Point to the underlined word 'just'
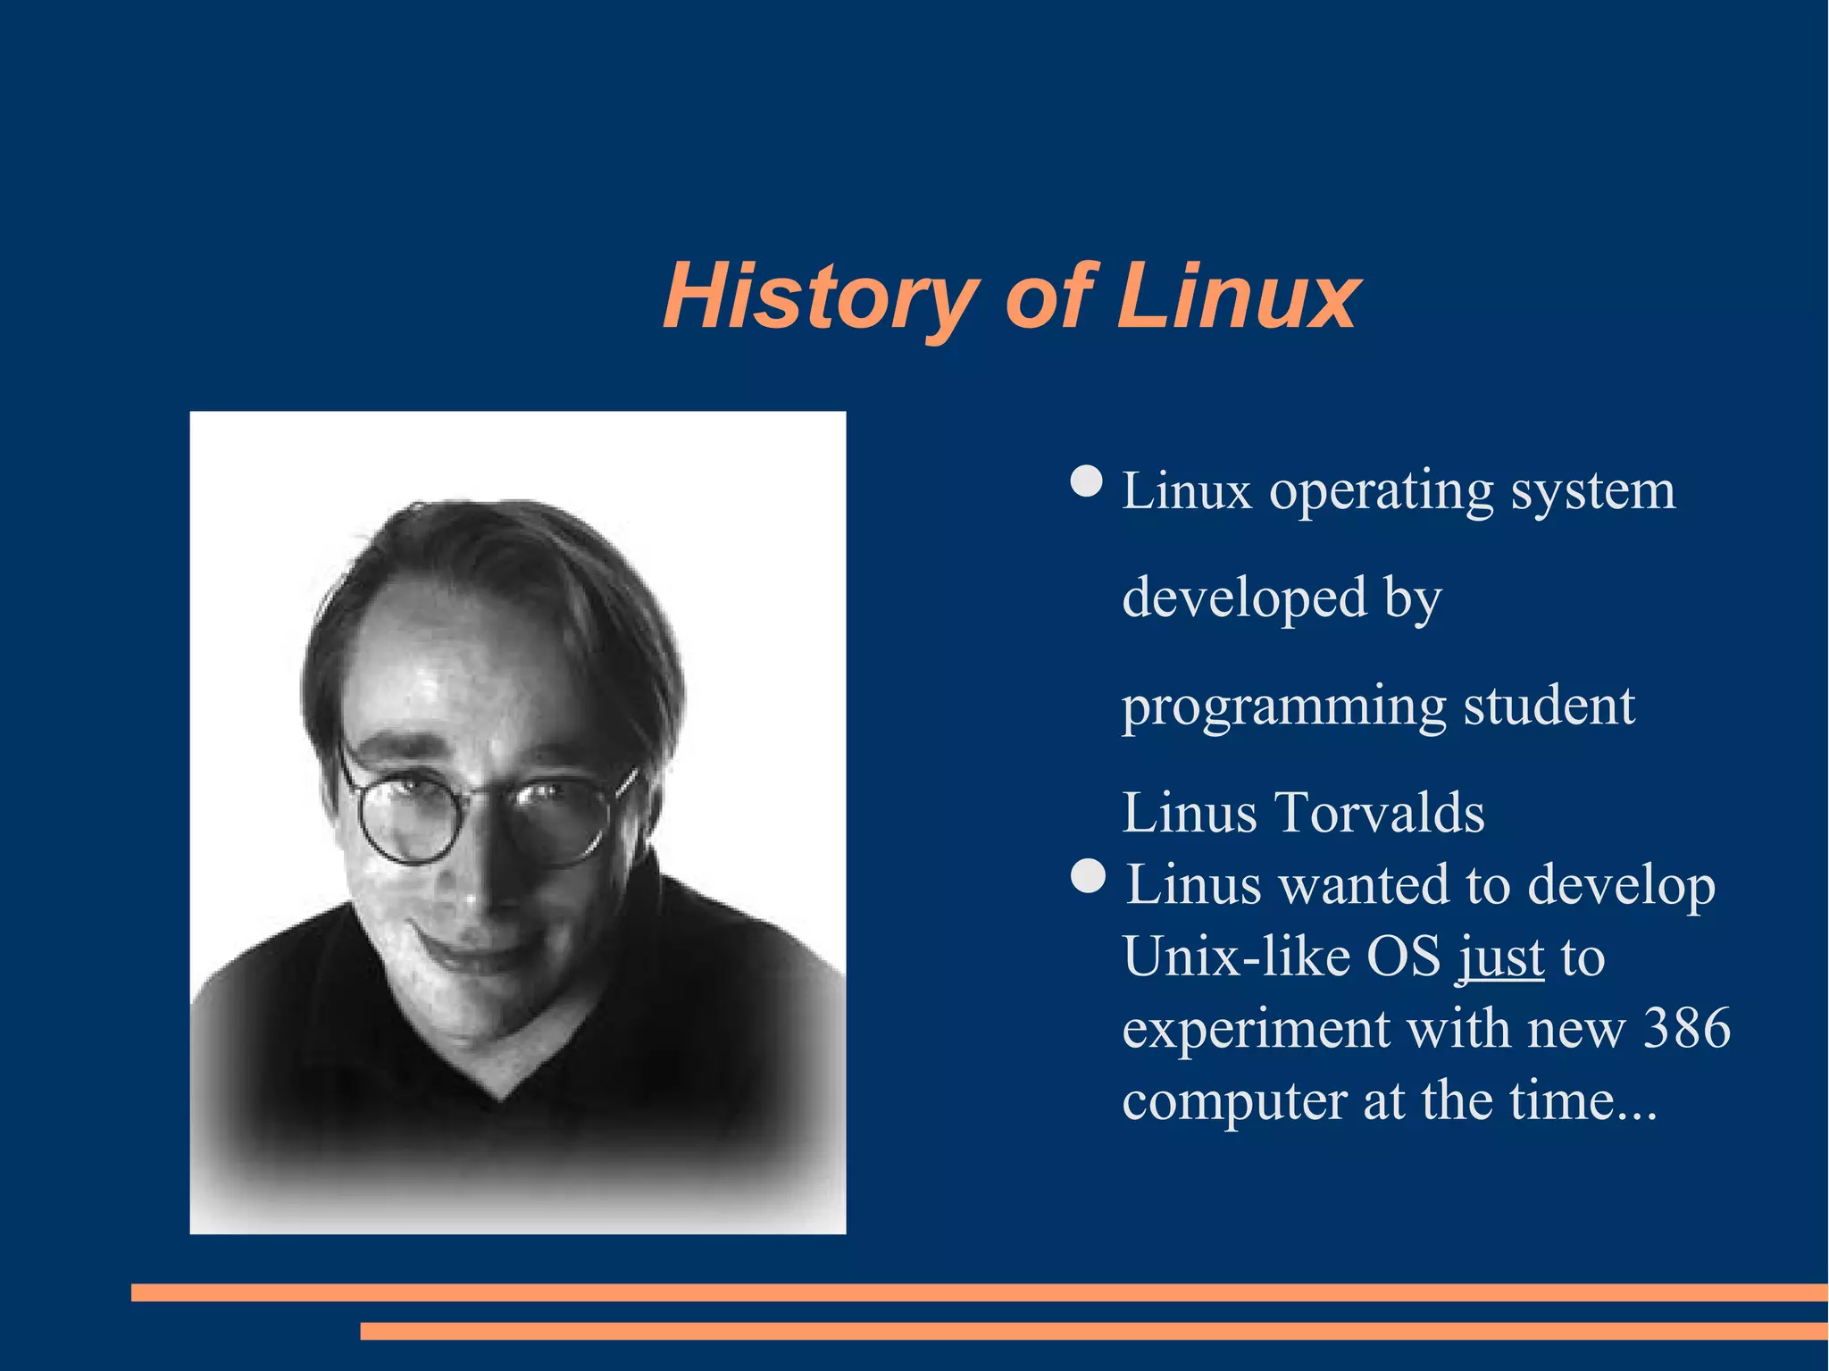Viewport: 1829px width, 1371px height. coord(1501,957)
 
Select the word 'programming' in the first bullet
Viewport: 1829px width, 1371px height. coord(1283,706)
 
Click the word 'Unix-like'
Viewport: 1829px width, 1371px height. coord(1237,957)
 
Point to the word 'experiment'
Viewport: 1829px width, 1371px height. coord(1256,1029)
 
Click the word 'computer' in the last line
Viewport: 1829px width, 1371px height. coord(1234,1100)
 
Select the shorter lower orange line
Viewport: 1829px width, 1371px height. coord(1094,1331)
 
